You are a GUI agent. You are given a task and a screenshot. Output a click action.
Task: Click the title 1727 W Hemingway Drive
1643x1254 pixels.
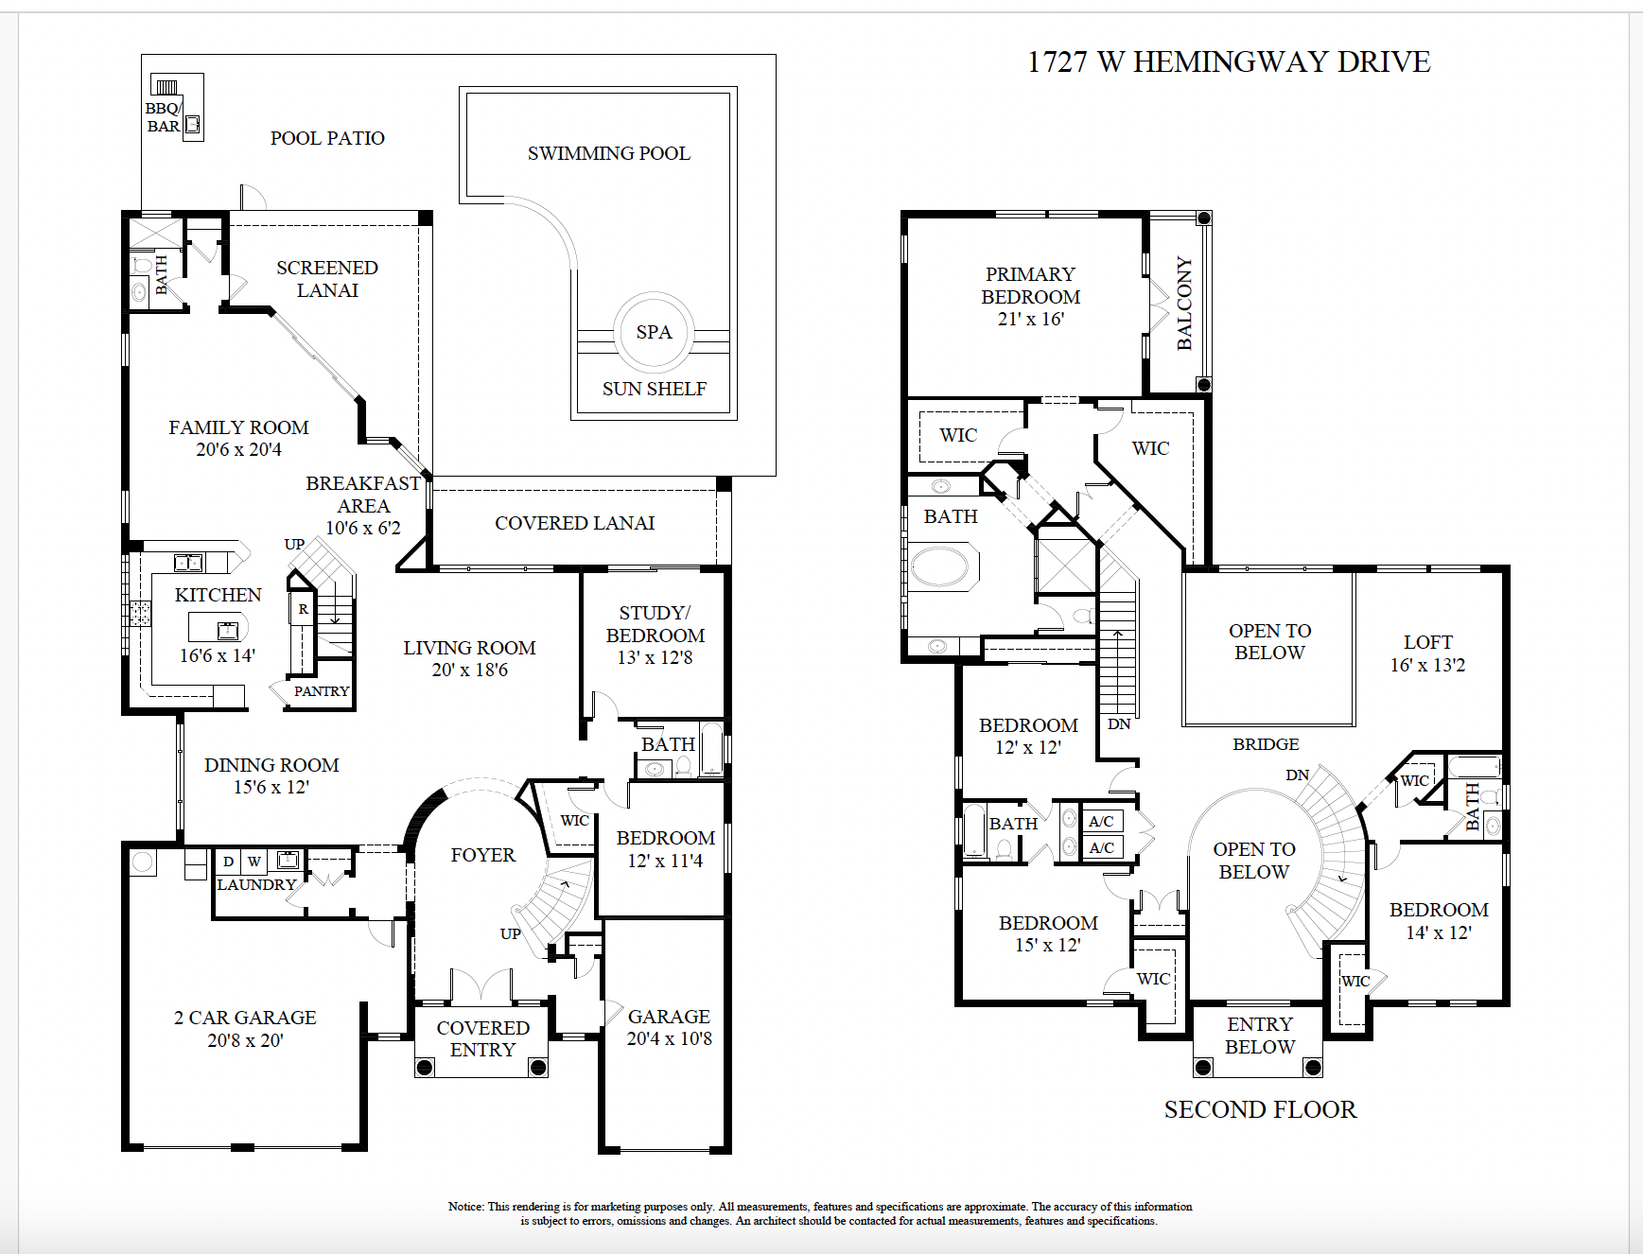coord(1228,62)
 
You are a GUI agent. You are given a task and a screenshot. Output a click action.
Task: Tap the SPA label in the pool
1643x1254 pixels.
coord(654,333)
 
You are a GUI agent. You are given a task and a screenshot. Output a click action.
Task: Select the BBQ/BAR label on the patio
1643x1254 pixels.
coord(163,117)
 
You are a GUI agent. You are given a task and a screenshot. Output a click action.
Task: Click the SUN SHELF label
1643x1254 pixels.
coord(654,389)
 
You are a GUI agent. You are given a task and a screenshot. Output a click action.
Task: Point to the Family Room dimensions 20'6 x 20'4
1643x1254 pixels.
coord(238,450)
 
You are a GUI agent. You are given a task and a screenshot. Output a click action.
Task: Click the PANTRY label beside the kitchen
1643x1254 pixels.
coord(321,691)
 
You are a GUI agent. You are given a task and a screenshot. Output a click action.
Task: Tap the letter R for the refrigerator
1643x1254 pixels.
coord(303,609)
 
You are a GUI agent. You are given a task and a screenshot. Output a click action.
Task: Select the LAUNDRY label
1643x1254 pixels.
coord(256,885)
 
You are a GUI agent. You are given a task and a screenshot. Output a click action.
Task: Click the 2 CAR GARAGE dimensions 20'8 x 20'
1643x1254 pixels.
coord(245,1040)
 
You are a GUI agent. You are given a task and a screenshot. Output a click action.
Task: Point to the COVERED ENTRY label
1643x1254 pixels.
coord(482,1038)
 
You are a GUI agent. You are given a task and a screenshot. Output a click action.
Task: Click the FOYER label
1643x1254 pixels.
coord(482,855)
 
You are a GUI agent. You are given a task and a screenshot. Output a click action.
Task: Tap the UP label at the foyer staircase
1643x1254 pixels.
coord(510,933)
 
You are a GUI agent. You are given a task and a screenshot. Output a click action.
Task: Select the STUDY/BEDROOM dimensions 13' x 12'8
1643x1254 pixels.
coord(655,658)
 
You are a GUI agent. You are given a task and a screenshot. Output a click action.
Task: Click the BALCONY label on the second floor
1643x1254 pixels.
coord(1184,304)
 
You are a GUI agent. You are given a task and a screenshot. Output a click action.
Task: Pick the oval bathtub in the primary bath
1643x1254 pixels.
coord(940,567)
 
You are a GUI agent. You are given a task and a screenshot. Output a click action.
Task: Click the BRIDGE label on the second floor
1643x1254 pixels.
coord(1266,744)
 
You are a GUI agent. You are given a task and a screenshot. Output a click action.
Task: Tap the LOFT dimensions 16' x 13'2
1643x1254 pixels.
coord(1427,666)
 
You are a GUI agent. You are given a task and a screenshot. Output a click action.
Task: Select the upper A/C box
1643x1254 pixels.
coord(1101,821)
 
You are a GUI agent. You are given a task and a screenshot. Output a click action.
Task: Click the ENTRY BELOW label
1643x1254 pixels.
coord(1259,1036)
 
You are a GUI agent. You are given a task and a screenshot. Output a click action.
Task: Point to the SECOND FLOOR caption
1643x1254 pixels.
coord(1260,1109)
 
